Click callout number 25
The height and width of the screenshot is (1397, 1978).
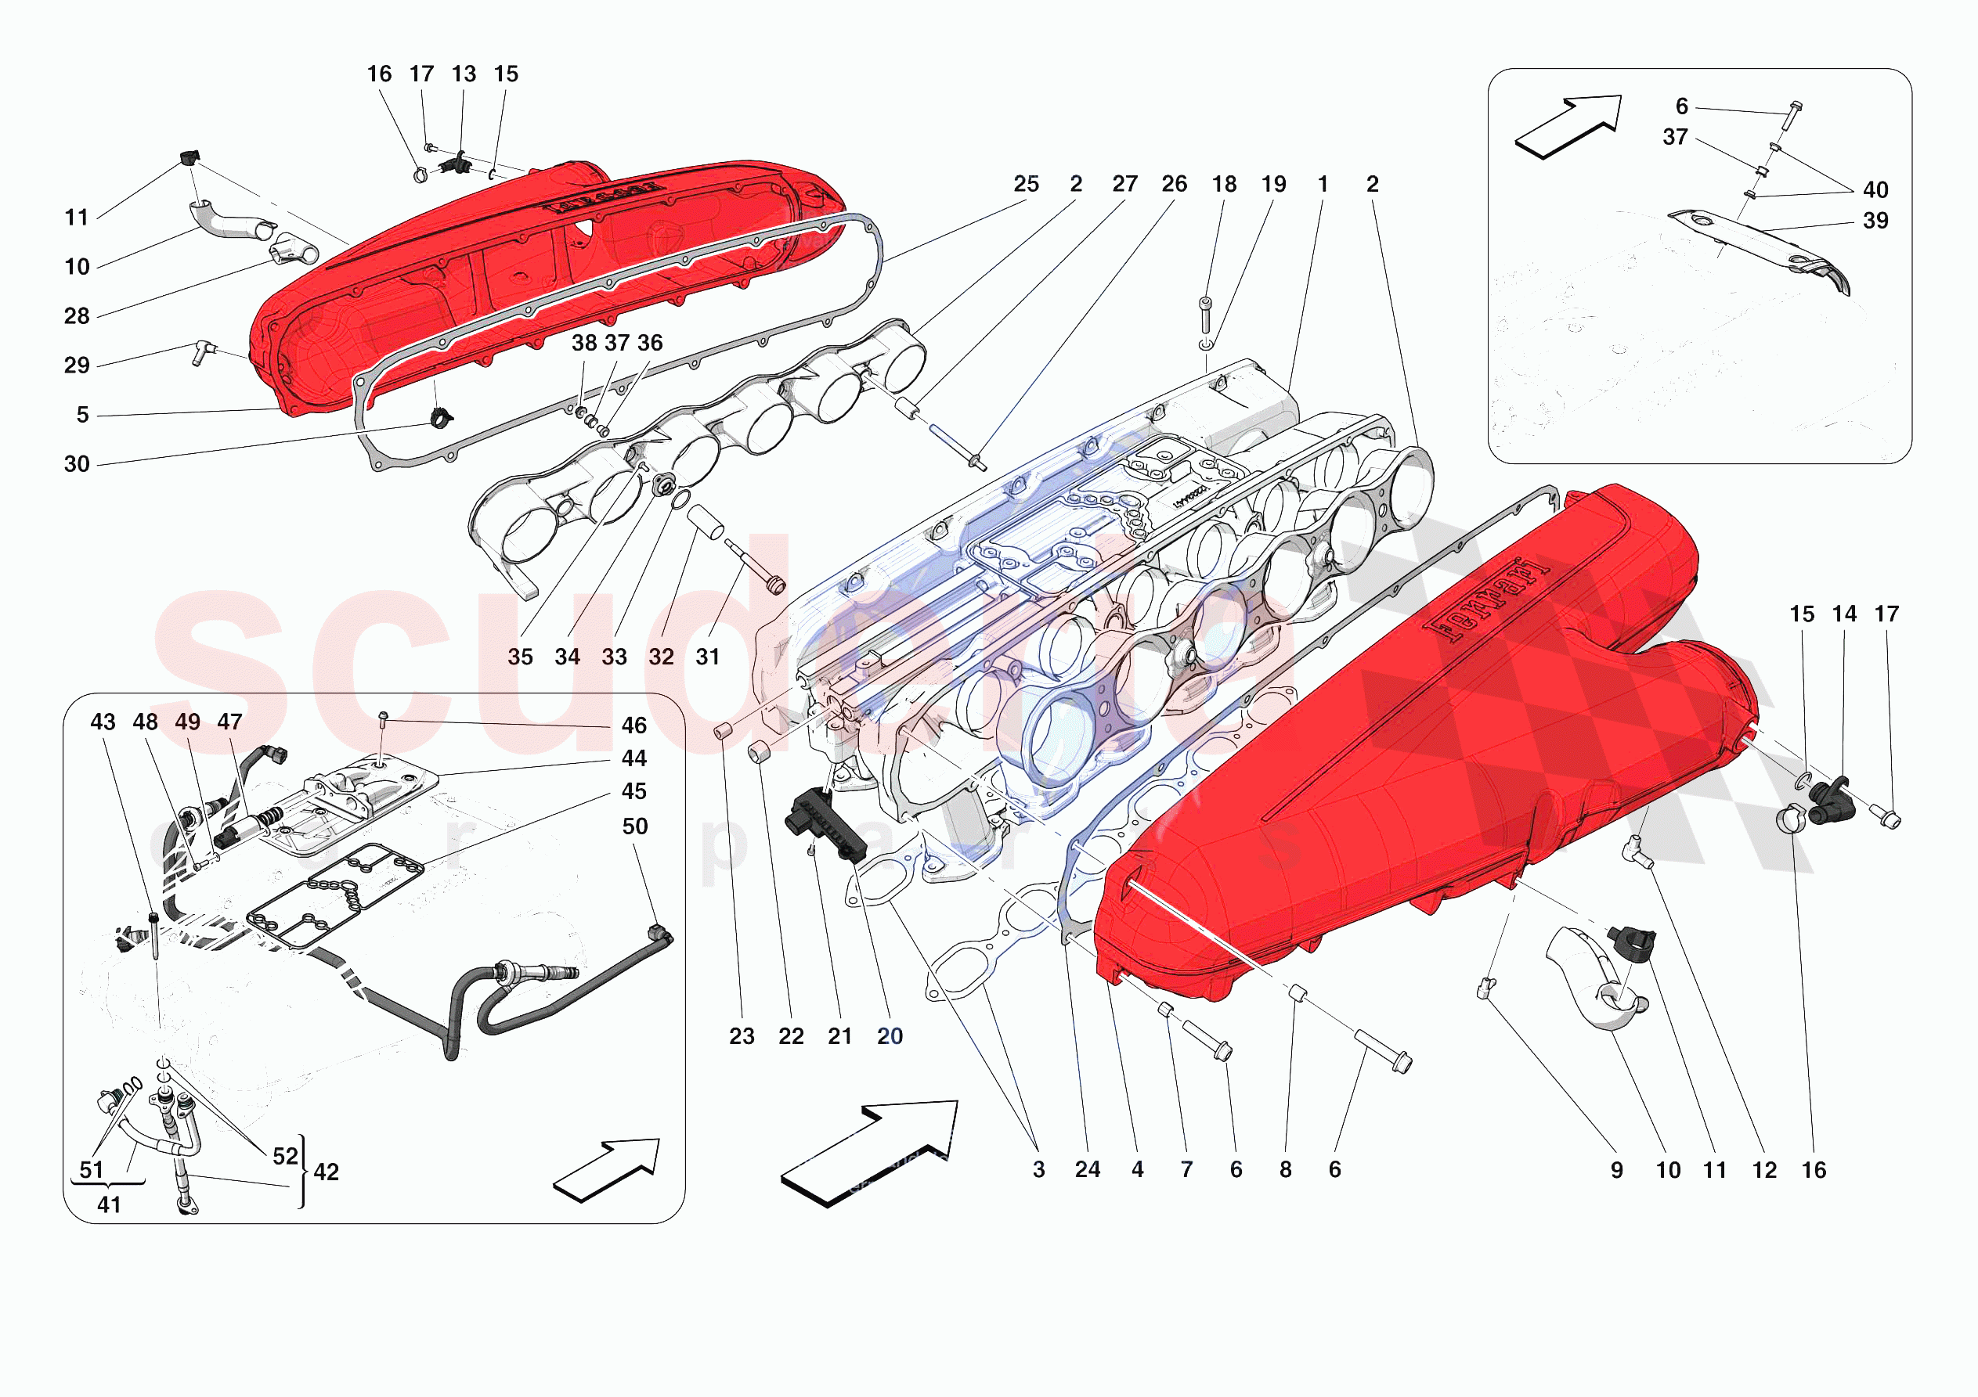click(x=1025, y=185)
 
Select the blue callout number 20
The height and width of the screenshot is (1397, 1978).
click(x=889, y=1036)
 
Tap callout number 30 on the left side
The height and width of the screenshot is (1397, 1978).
click(x=77, y=464)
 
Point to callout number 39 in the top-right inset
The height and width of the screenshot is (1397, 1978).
click(x=1875, y=221)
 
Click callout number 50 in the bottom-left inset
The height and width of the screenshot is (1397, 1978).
click(x=635, y=826)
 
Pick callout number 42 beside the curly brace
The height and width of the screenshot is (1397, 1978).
click(x=327, y=1172)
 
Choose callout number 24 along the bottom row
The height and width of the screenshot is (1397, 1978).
click(x=1087, y=1169)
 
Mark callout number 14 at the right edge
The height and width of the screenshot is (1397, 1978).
click(x=1843, y=614)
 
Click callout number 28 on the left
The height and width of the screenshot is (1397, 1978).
click(x=77, y=316)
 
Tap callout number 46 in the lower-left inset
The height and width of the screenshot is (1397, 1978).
click(x=634, y=726)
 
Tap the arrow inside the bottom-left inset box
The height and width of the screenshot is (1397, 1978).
click(x=608, y=1168)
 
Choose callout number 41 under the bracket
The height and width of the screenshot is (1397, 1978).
click(x=109, y=1205)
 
